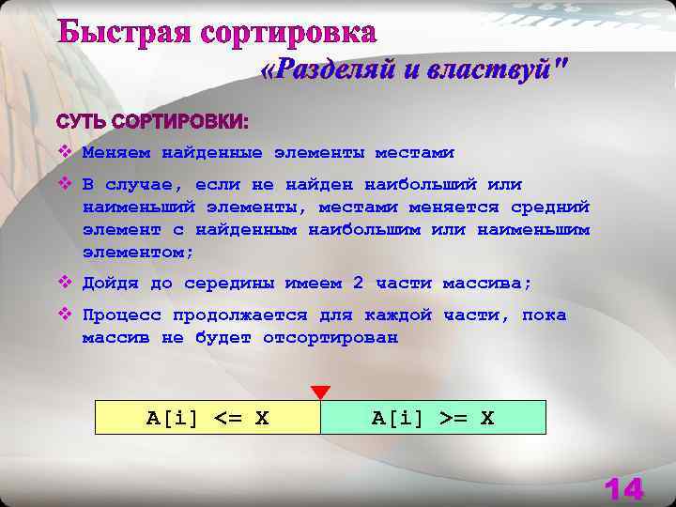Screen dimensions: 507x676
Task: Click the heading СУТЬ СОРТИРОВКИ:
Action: point(152,122)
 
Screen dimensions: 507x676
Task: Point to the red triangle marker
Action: point(320,392)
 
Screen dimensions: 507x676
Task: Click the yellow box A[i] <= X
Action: point(207,418)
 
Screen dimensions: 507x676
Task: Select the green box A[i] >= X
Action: point(433,418)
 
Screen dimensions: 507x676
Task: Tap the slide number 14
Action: point(623,489)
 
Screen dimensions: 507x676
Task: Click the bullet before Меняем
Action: point(64,151)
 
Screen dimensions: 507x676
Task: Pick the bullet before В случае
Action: point(64,184)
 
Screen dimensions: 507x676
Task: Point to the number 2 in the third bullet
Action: point(358,284)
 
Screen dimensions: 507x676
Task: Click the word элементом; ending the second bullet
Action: point(138,253)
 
